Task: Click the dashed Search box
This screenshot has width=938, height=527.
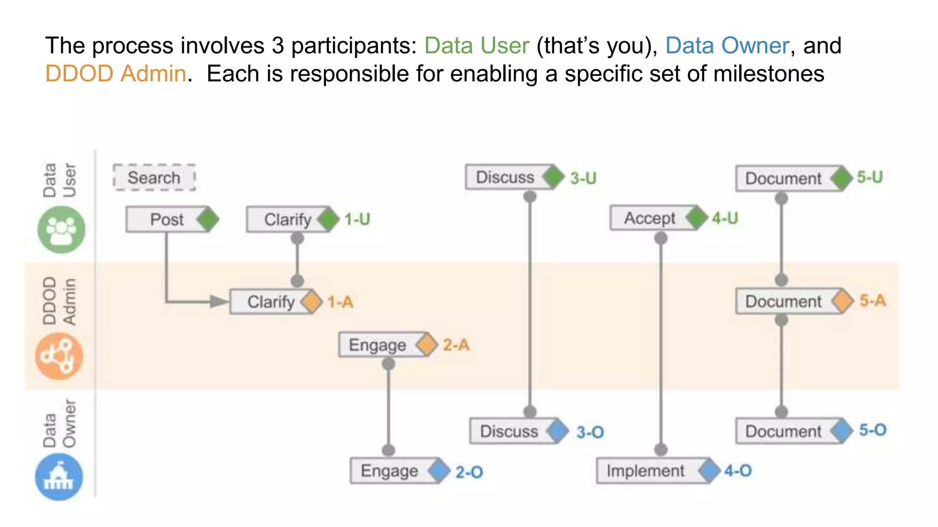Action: (154, 177)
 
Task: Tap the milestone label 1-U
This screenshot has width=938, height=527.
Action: (357, 220)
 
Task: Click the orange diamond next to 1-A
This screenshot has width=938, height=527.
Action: (312, 302)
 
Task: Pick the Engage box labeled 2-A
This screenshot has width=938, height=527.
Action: (378, 345)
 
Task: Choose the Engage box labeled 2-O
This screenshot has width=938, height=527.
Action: (389, 471)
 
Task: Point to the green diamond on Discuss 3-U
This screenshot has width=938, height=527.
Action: (553, 177)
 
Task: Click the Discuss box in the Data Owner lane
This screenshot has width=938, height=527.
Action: (509, 431)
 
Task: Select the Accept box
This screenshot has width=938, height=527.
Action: (649, 218)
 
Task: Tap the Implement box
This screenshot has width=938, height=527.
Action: (645, 471)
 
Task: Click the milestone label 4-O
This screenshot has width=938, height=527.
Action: (738, 471)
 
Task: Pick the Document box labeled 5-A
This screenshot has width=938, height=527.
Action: (783, 301)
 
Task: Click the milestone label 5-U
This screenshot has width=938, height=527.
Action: (870, 177)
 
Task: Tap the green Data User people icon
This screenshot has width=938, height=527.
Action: (61, 230)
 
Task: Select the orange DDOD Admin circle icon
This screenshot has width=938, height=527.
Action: (59, 356)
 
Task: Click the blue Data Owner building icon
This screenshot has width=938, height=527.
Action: (59, 477)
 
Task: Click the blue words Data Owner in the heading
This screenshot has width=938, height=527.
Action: (727, 46)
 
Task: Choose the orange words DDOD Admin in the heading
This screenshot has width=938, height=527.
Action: (115, 74)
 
